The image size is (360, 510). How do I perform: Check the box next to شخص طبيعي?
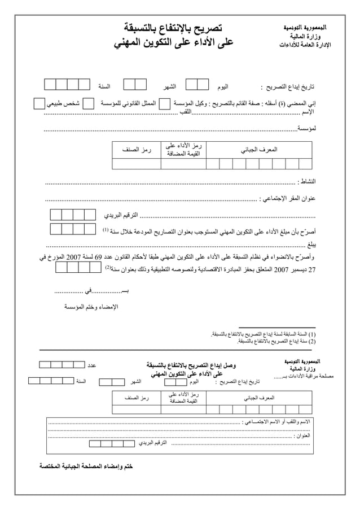(38, 104)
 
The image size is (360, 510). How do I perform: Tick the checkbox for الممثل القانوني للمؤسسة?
(164, 104)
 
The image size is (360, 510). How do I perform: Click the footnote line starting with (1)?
(261, 334)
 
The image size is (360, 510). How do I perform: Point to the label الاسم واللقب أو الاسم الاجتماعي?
(278, 421)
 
